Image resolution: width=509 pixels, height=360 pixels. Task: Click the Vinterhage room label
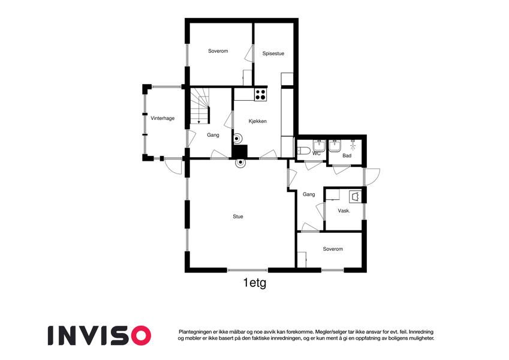click(x=162, y=118)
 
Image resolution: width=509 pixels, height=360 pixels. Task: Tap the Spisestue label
click(x=273, y=53)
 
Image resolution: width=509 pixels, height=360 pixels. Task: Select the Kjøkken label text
click(x=258, y=121)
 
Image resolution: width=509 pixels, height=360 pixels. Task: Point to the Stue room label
click(x=237, y=217)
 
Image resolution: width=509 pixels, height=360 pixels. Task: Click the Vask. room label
click(x=344, y=211)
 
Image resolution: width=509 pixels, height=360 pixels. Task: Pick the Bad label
click(x=347, y=155)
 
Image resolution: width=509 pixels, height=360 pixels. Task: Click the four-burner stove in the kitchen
click(x=260, y=95)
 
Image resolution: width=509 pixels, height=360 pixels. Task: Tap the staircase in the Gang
click(x=200, y=106)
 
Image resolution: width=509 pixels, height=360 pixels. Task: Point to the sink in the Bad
click(x=335, y=146)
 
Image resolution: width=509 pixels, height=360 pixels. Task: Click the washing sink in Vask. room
click(x=355, y=197)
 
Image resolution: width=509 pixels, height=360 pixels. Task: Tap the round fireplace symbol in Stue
click(x=240, y=164)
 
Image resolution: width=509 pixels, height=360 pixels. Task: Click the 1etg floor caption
click(x=255, y=283)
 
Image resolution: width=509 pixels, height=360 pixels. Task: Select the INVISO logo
click(x=100, y=335)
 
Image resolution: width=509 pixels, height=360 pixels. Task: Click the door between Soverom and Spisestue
click(x=249, y=53)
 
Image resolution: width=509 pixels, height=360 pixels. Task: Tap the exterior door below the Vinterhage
click(x=173, y=166)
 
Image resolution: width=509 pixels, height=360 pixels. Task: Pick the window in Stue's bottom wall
click(x=248, y=270)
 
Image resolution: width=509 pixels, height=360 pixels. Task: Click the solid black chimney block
click(x=240, y=151)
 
